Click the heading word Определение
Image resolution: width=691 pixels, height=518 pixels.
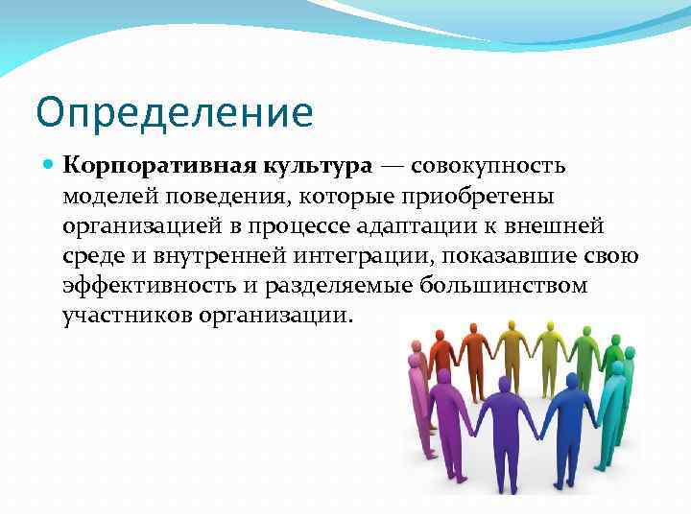pyautogui.click(x=174, y=112)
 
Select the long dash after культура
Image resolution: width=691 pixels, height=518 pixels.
pyautogui.click(x=393, y=165)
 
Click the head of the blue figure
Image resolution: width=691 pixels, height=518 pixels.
pyautogui.click(x=573, y=381)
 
